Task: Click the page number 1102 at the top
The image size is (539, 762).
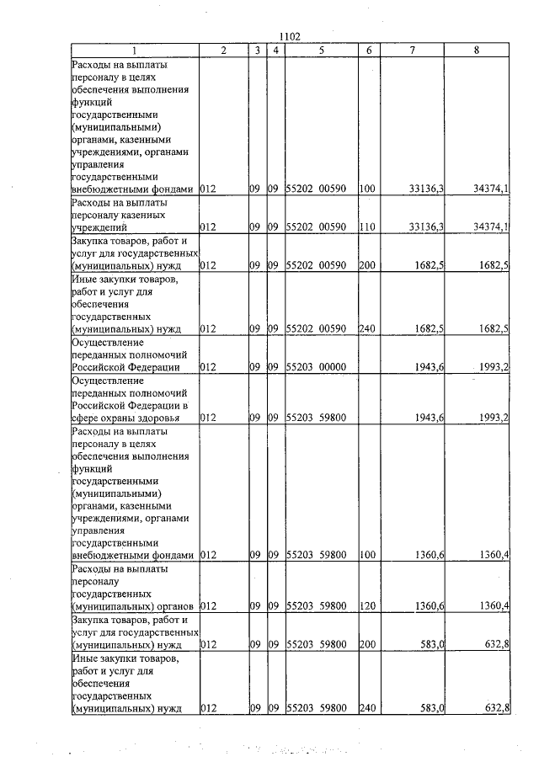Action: click(289, 35)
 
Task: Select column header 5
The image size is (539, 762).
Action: click(322, 51)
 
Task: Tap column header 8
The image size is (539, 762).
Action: click(477, 51)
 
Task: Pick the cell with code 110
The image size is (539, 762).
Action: click(366, 227)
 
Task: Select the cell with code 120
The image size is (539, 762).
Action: click(366, 606)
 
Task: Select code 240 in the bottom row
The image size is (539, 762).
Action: click(366, 708)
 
